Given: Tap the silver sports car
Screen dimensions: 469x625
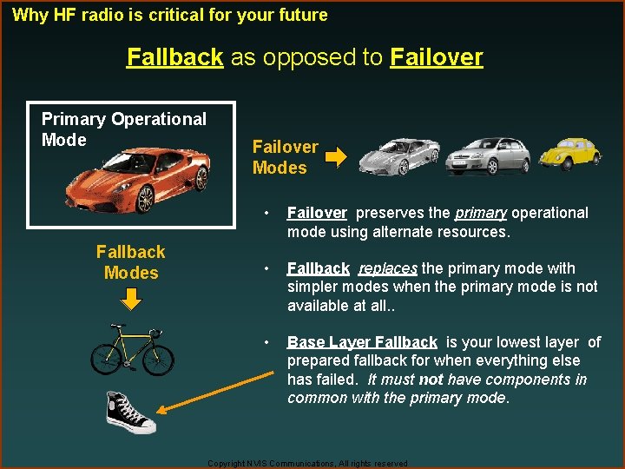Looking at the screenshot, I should point(399,156).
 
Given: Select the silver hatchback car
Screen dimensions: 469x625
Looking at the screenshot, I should point(493,156).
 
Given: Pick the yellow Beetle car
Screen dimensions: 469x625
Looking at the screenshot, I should point(569,153).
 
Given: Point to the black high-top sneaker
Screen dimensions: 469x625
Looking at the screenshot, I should point(130,412).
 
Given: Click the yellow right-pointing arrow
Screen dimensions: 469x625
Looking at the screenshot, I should point(336,158).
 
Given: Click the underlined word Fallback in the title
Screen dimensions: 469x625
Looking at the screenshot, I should point(175,57).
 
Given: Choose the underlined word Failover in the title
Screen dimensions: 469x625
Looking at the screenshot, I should point(437,57).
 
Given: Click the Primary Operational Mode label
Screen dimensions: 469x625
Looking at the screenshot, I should point(123,129).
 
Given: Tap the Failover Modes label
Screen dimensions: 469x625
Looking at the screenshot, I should point(285,157).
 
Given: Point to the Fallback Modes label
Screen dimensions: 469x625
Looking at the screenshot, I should point(130,262).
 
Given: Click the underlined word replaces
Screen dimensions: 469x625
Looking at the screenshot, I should point(387,268).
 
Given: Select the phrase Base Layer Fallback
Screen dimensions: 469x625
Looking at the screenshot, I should point(362,342).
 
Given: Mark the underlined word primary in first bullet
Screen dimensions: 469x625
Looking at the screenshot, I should point(481,213).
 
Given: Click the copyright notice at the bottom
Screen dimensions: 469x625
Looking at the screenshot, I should point(308,464).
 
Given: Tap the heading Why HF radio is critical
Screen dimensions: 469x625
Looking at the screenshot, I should point(170,15).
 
